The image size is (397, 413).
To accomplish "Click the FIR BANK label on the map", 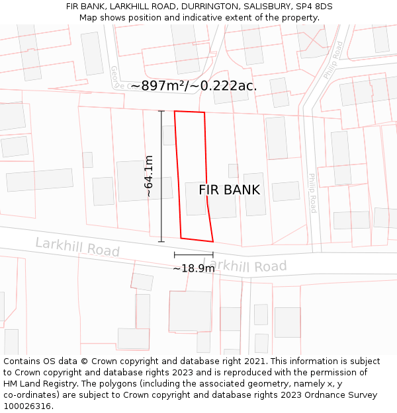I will click(x=230, y=190).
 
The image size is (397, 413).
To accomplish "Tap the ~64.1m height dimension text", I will click(x=149, y=176).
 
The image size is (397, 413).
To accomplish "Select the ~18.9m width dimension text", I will click(x=193, y=269).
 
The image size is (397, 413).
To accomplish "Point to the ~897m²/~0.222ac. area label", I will click(x=194, y=86).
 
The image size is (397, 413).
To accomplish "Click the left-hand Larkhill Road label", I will click(x=77, y=247).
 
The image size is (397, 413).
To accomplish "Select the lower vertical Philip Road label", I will click(x=313, y=193).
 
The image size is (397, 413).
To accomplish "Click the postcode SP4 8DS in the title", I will click(x=314, y=7).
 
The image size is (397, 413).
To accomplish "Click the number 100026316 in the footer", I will click(x=26, y=406).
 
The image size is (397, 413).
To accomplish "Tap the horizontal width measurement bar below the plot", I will click(x=194, y=254).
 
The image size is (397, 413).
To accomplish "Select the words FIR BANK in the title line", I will click(x=84, y=7).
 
